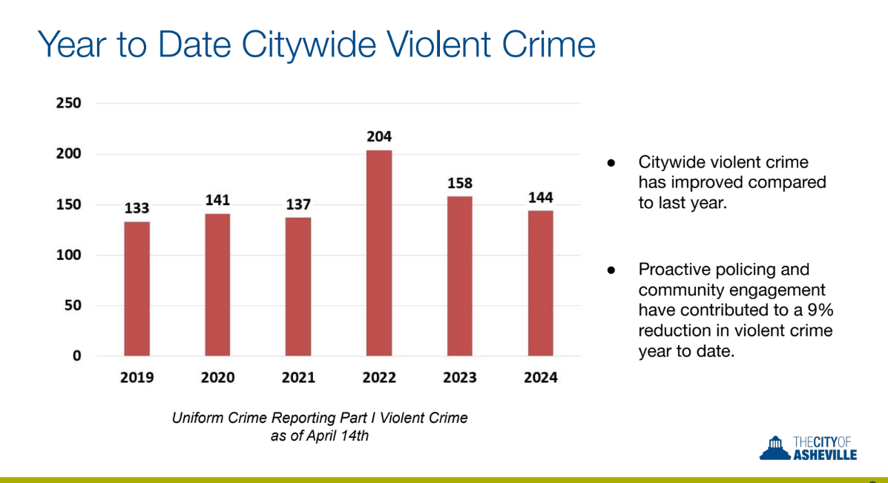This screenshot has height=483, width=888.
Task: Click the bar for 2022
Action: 379,253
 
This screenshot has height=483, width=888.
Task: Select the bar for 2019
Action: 137,288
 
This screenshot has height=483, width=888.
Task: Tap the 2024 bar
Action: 541,283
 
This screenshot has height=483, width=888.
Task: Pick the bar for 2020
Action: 217,284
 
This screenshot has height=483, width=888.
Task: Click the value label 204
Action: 379,136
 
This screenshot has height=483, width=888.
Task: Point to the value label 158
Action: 460,183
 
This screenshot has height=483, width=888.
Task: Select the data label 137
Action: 298,204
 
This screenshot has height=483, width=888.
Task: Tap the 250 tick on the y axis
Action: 68,103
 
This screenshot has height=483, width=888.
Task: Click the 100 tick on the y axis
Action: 68,255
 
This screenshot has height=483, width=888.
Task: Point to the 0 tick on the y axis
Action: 76,356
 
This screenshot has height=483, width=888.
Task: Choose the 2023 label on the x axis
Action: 460,377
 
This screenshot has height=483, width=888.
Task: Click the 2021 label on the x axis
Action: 298,377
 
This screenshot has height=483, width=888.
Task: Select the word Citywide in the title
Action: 309,44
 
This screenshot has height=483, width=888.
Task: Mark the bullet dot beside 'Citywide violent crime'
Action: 611,163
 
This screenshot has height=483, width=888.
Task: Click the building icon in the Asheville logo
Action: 774,447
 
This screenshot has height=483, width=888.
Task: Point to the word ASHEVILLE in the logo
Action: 825,455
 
